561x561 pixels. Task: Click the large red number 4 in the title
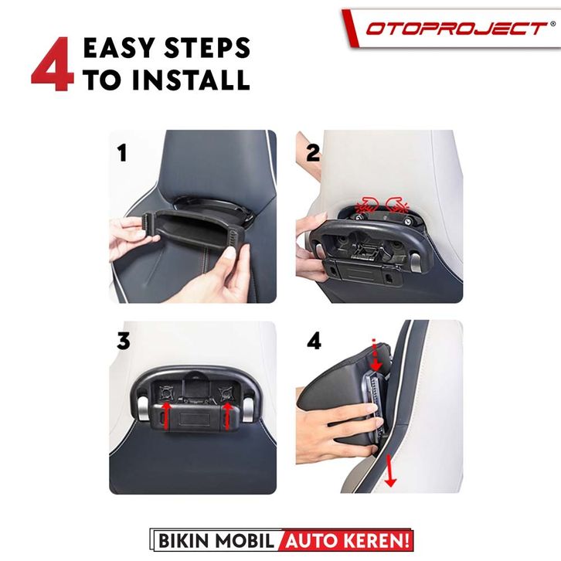pyautogui.click(x=53, y=63)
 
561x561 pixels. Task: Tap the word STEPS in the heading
pyautogui.click(x=207, y=48)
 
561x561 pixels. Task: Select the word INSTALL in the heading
pyautogui.click(x=191, y=80)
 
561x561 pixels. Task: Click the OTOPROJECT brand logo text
pyautogui.click(x=456, y=29)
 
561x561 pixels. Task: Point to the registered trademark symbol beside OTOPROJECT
pyautogui.click(x=552, y=24)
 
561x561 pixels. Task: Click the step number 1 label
pyautogui.click(x=122, y=153)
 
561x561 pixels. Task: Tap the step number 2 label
pyautogui.click(x=313, y=153)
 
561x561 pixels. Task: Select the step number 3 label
pyautogui.click(x=124, y=341)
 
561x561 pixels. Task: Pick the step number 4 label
pyautogui.click(x=314, y=341)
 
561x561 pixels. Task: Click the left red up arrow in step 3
pyautogui.click(x=166, y=416)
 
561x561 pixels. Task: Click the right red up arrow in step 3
pyautogui.click(x=227, y=416)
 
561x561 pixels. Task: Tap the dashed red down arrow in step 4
pyautogui.click(x=376, y=355)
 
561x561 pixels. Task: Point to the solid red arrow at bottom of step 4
pyautogui.click(x=389, y=471)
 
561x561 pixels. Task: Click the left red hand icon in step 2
pyautogui.click(x=367, y=206)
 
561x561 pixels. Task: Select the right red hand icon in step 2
pyautogui.click(x=397, y=206)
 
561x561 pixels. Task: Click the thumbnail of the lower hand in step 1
pyautogui.click(x=230, y=253)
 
